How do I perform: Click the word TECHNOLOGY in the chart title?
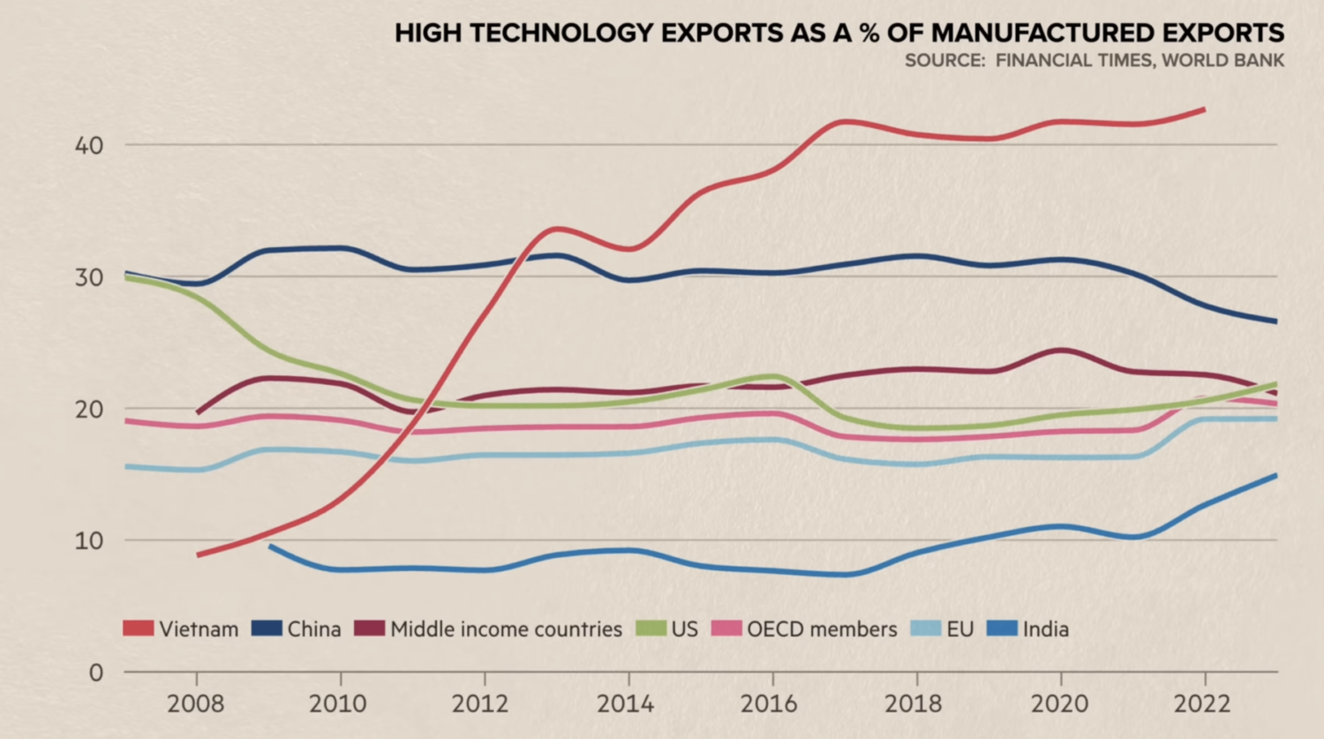coord(565,34)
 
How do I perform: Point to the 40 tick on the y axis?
coord(88,146)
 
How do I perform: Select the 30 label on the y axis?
coord(88,277)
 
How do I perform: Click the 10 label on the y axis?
coord(88,540)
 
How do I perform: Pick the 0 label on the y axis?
coord(95,673)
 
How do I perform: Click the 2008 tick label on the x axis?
coord(195,704)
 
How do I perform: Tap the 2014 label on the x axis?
coord(626,704)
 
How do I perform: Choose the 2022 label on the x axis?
coord(1202,704)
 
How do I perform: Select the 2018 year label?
coord(914,704)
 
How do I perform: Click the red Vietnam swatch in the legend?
coord(138,629)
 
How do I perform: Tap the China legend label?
coord(314,630)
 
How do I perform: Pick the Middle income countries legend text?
coord(506,630)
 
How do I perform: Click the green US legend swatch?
coord(651,629)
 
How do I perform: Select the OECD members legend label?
coord(822,630)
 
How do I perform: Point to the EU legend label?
coord(959,630)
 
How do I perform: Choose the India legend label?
coord(1046,630)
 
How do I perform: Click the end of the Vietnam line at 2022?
coord(1204,109)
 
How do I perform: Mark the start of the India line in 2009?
coord(270,547)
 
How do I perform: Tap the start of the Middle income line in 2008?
coord(197,412)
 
